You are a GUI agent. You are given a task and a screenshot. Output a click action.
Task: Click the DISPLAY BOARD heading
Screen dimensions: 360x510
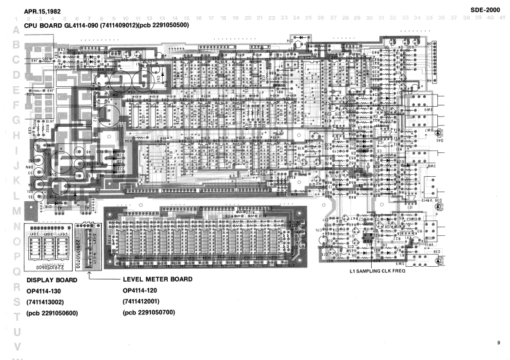(x=51, y=281)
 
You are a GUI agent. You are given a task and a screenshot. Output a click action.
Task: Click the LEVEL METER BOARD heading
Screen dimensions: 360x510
(x=158, y=281)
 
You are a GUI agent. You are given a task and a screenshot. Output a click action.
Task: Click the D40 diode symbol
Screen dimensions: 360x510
(x=439, y=133)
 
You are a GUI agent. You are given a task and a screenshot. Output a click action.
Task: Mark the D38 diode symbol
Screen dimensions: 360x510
(x=439, y=261)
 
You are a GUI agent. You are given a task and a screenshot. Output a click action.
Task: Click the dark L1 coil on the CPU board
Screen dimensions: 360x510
(x=367, y=237)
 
